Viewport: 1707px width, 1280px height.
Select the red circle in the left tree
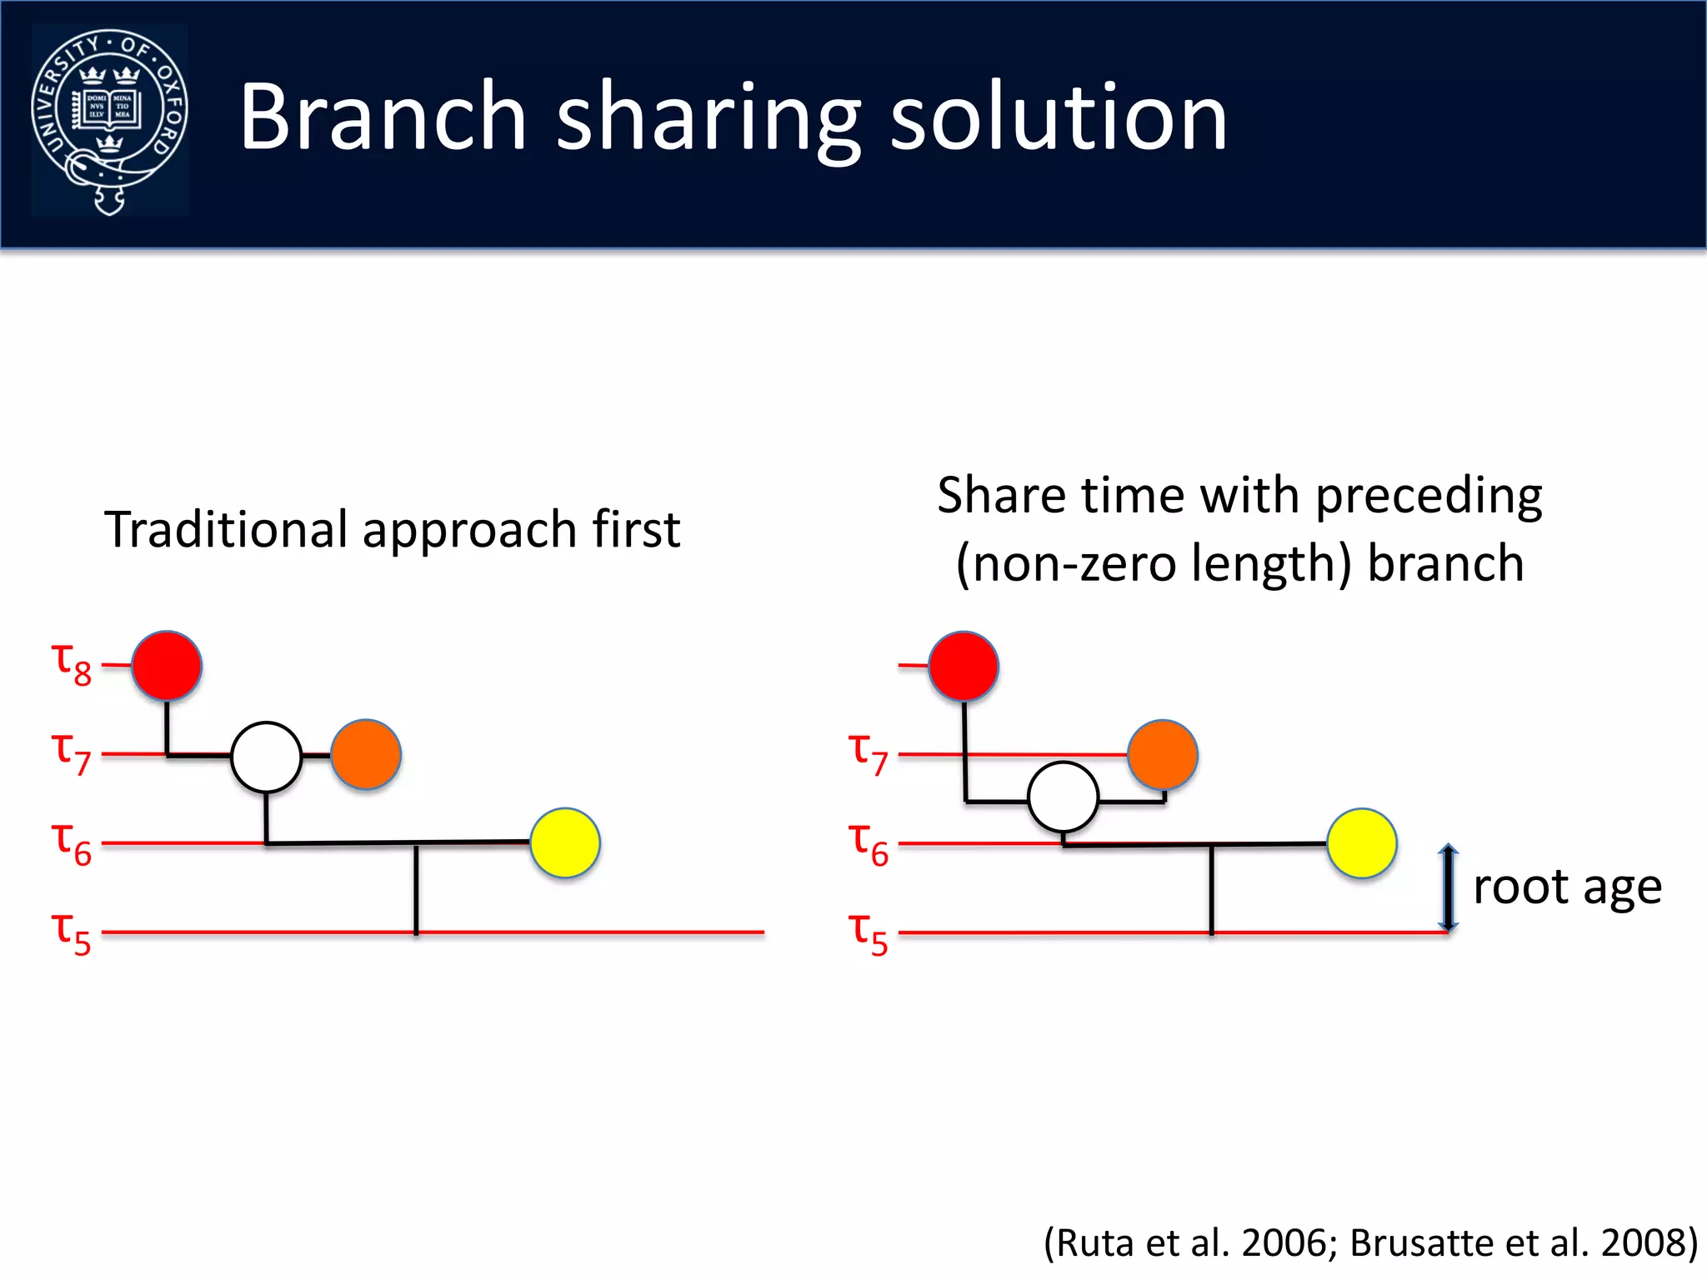[167, 666]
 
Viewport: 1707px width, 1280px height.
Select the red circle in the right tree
[964, 666]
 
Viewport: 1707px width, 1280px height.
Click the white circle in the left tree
[266, 757]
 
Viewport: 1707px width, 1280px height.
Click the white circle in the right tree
[1063, 797]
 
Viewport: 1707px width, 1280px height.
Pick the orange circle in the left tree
[366, 754]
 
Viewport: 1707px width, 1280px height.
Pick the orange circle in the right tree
[1163, 754]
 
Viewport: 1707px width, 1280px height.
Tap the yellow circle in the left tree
[565, 842]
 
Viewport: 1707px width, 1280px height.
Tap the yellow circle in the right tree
[1362, 842]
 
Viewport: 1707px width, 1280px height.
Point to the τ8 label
[72, 664]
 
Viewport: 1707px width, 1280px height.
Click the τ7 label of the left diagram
[72, 752]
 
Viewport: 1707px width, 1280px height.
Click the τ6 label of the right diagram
[869, 842]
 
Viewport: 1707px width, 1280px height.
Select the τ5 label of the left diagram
[72, 932]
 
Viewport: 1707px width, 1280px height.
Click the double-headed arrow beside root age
[1449, 887]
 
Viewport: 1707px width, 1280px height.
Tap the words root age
[1567, 887]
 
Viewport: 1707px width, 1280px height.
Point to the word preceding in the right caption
[1429, 497]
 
